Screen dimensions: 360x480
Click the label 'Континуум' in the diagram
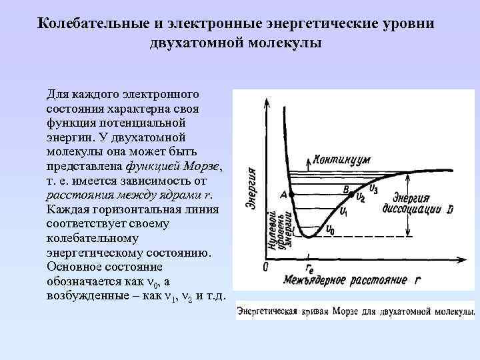coord(341,161)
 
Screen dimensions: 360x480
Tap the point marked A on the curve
coord(291,194)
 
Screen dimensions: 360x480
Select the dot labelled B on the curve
coord(353,193)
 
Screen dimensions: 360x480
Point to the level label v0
coord(330,230)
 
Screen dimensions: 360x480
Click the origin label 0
coord(265,267)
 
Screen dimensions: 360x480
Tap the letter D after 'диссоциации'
coord(450,209)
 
